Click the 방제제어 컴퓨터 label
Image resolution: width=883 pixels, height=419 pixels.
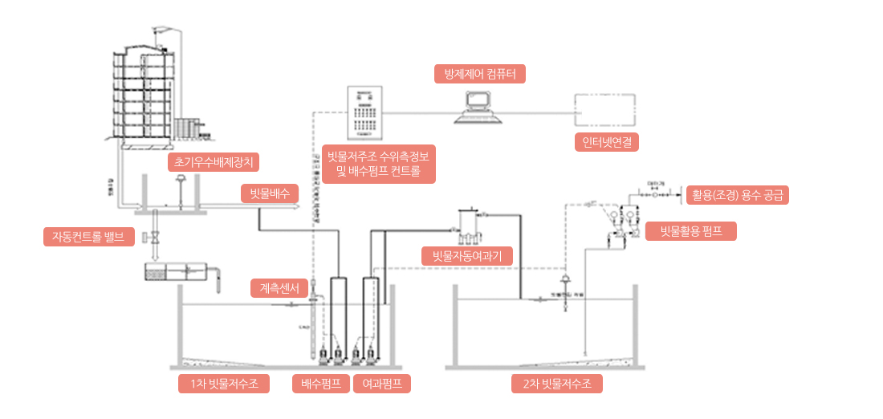480,74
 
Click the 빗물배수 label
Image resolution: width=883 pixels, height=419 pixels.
269,193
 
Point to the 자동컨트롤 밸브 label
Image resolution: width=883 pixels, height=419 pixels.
88,237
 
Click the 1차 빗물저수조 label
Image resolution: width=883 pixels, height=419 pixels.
223,384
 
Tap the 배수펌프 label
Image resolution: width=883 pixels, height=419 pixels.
320,384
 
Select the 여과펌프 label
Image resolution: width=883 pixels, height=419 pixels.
382,384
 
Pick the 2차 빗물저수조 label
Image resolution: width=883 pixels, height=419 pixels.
557,384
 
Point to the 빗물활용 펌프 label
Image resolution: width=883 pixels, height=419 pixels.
691,232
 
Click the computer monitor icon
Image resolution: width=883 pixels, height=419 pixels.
480,107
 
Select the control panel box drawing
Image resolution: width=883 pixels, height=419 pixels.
366,112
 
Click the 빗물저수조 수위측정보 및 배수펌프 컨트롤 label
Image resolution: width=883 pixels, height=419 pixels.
378,165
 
